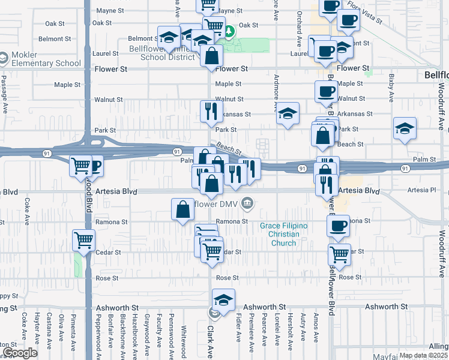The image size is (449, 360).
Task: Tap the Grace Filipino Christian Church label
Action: pos(283,234)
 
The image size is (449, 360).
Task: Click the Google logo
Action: pos(20,353)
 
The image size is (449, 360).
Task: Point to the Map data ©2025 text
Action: pos(424,355)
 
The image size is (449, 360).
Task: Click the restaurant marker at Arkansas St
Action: pos(211,110)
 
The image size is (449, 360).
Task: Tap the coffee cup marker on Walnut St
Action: pos(326,91)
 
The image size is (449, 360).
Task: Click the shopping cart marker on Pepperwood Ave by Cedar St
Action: pos(83,240)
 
